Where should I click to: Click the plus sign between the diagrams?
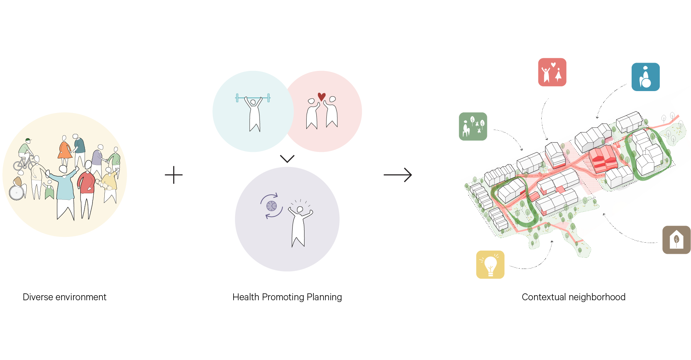(x=174, y=175)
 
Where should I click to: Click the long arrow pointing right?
(x=398, y=175)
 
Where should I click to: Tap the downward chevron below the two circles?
(x=287, y=159)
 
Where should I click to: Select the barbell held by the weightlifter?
(x=253, y=98)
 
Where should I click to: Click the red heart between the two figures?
(x=321, y=96)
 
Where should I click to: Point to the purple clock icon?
(x=271, y=206)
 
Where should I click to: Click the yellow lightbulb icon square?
(x=490, y=265)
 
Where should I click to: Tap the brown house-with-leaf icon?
(x=676, y=240)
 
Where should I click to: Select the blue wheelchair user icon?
(x=646, y=77)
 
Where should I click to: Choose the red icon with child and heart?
(x=552, y=72)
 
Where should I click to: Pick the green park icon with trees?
(x=473, y=126)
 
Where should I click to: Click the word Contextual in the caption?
(x=543, y=297)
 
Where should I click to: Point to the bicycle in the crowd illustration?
(x=24, y=163)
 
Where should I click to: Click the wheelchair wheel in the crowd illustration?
(x=17, y=193)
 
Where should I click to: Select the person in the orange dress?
(x=65, y=149)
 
